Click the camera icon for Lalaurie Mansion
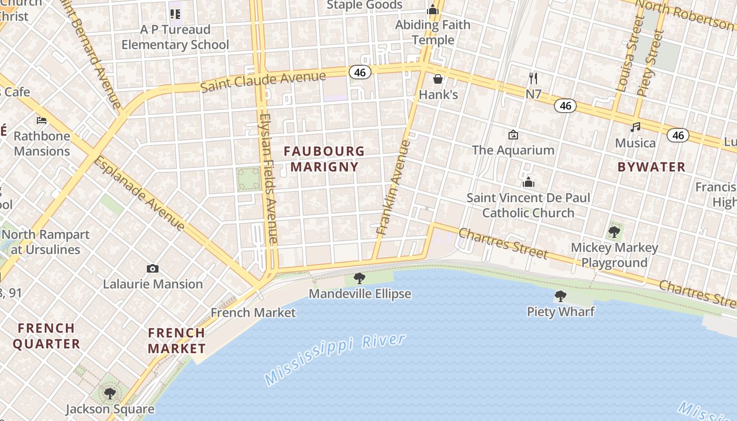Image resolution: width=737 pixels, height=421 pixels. [x=153, y=269]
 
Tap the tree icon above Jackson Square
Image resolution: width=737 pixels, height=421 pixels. [x=109, y=393]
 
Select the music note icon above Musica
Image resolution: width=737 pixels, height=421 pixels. [x=636, y=127]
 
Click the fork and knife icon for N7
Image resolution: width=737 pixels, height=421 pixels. [x=533, y=79]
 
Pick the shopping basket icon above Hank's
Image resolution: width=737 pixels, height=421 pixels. [x=438, y=79]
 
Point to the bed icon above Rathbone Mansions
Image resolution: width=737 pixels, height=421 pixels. [x=42, y=121]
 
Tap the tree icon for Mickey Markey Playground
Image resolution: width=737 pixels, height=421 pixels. [x=614, y=232]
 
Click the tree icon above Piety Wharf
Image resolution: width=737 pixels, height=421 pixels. [x=561, y=296]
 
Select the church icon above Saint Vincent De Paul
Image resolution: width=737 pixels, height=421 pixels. [x=528, y=183]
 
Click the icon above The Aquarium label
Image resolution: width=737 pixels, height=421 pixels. [x=513, y=135]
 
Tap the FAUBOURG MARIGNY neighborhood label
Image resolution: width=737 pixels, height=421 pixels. [x=324, y=159]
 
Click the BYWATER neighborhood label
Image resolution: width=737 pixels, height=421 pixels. [x=651, y=167]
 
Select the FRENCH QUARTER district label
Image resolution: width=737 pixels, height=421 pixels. [x=46, y=336]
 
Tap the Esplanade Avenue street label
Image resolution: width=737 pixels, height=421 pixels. [x=139, y=193]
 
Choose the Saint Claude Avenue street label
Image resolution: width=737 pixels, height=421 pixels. [x=263, y=81]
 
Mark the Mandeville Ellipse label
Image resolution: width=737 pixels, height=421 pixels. [x=360, y=294]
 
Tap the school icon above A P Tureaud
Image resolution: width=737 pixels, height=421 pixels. [x=175, y=14]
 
